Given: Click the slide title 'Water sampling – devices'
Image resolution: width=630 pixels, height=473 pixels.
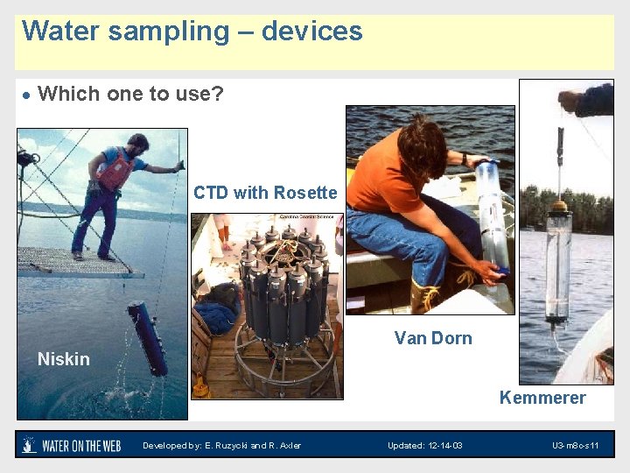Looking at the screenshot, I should pyautogui.click(x=192, y=32).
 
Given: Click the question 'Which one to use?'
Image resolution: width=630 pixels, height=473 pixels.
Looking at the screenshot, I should pyautogui.click(x=131, y=94).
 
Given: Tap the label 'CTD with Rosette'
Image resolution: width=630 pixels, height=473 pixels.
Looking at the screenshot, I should pyautogui.click(x=265, y=193).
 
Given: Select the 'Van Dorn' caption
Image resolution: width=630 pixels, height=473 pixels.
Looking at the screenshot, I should pyautogui.click(x=433, y=338).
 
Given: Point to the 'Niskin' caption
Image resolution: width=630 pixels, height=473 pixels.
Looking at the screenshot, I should pyautogui.click(x=64, y=359).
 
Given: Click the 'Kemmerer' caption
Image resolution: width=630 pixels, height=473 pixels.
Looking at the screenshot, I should pyautogui.click(x=542, y=398).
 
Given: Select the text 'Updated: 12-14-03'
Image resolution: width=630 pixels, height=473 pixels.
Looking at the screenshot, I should pyautogui.click(x=425, y=446).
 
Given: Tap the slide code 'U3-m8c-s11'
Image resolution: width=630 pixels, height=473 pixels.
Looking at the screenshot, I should pyautogui.click(x=575, y=446).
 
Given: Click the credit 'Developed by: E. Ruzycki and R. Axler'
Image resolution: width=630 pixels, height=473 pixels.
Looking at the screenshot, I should pyautogui.click(x=222, y=446).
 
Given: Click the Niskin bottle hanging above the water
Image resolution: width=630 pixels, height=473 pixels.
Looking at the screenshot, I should pyautogui.click(x=147, y=338).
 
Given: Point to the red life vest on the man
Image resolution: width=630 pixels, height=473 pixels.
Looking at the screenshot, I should pyautogui.click(x=115, y=170).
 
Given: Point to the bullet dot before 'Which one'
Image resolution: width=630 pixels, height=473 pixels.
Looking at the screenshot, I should pyautogui.click(x=27, y=95).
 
